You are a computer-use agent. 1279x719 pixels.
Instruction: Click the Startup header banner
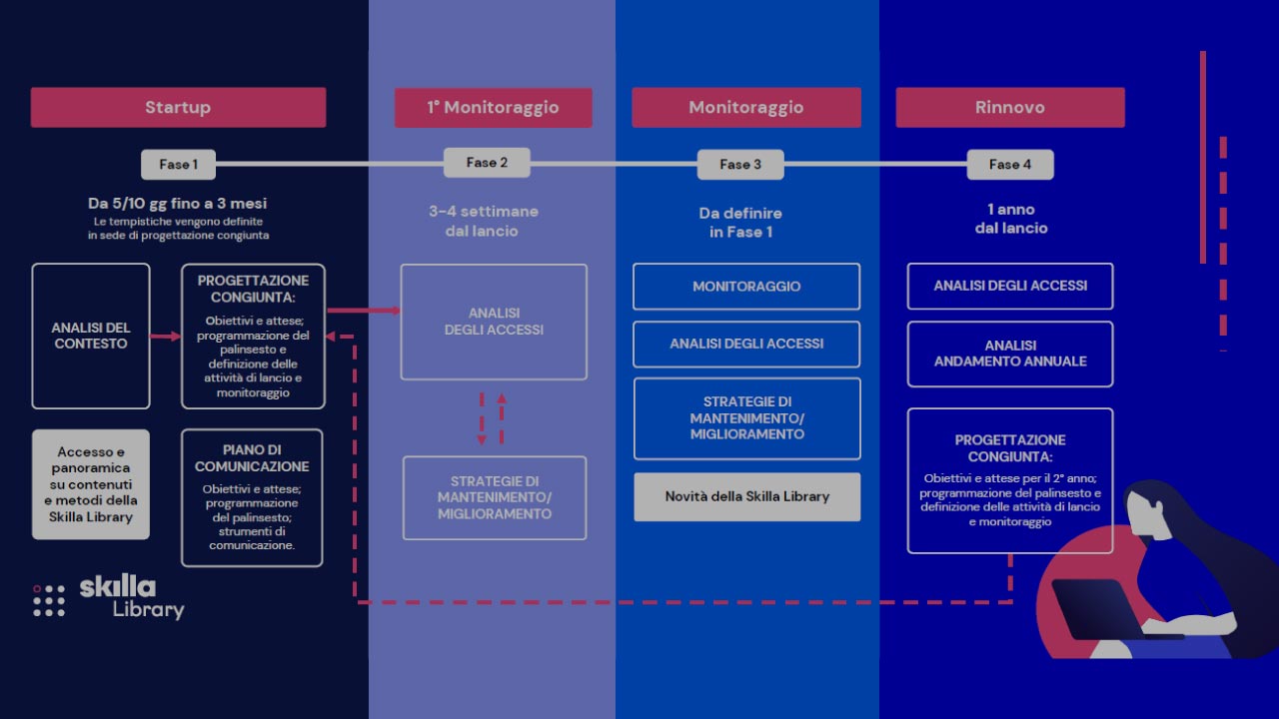pos(178,107)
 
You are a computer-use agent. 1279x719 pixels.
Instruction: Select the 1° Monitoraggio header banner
pos(493,107)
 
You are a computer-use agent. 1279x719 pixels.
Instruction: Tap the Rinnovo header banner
pos(1009,107)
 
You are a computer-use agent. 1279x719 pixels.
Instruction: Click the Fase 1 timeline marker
pos(178,164)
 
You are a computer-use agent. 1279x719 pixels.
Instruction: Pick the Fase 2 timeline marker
pos(487,163)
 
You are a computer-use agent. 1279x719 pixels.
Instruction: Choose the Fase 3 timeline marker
pos(739,165)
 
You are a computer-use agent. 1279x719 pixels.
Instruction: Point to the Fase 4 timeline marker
pos(1009,165)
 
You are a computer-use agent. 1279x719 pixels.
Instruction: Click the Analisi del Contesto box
pos(91,336)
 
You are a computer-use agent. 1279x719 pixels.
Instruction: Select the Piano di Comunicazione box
pos(252,497)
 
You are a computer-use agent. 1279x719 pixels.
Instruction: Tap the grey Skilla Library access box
pos(91,484)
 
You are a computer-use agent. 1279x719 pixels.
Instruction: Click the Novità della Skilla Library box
pos(746,496)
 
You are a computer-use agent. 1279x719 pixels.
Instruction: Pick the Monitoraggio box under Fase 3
pos(746,287)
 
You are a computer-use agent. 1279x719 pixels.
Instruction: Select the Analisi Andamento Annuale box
pos(1009,354)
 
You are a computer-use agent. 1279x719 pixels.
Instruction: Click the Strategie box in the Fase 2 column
pos(494,497)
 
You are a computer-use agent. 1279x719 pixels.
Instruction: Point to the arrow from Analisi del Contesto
pos(165,337)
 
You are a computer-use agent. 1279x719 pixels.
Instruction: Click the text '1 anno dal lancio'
pos(1010,219)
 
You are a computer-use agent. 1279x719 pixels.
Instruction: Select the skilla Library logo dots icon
pos(48,600)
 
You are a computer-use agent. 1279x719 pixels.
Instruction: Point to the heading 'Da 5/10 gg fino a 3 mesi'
pos(178,204)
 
